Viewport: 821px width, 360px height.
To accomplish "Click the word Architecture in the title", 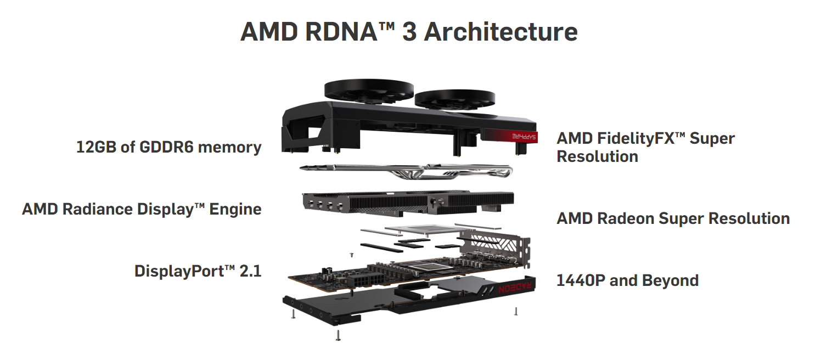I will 501,32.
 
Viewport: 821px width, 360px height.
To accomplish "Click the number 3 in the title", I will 409,32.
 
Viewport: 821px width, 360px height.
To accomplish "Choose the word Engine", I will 235,209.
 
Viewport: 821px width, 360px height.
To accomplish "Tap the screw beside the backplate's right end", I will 516,311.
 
